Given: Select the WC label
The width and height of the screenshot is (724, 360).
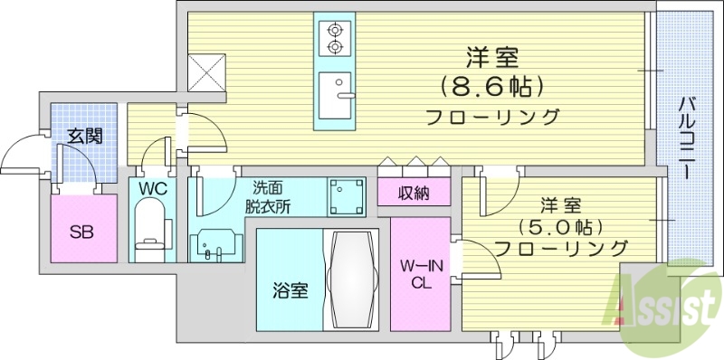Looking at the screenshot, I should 151,188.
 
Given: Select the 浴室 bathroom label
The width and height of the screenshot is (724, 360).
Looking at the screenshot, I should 290,290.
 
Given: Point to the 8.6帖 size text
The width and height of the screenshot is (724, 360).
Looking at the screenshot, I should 492,87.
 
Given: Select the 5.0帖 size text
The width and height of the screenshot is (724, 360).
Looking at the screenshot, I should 561,223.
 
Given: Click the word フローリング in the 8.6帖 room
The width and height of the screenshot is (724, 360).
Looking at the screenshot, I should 492,117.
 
